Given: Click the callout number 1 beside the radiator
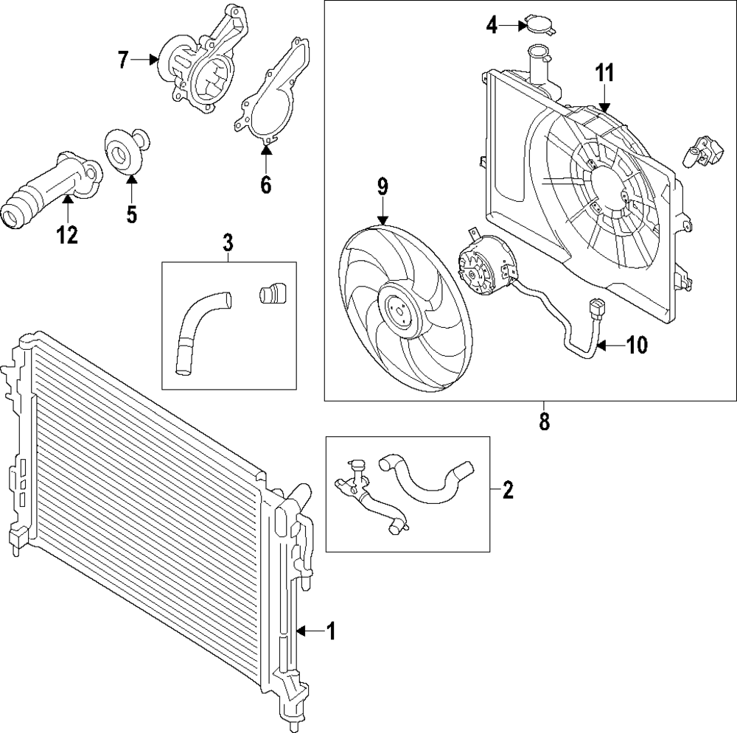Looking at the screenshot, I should (x=331, y=631).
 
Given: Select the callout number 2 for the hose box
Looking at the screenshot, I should (x=507, y=489).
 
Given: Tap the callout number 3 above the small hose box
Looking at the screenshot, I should (x=228, y=241).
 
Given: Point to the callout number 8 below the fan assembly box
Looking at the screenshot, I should (x=544, y=423).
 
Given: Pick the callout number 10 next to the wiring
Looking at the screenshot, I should (x=636, y=345).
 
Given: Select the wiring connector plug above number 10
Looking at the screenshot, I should (x=596, y=310).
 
